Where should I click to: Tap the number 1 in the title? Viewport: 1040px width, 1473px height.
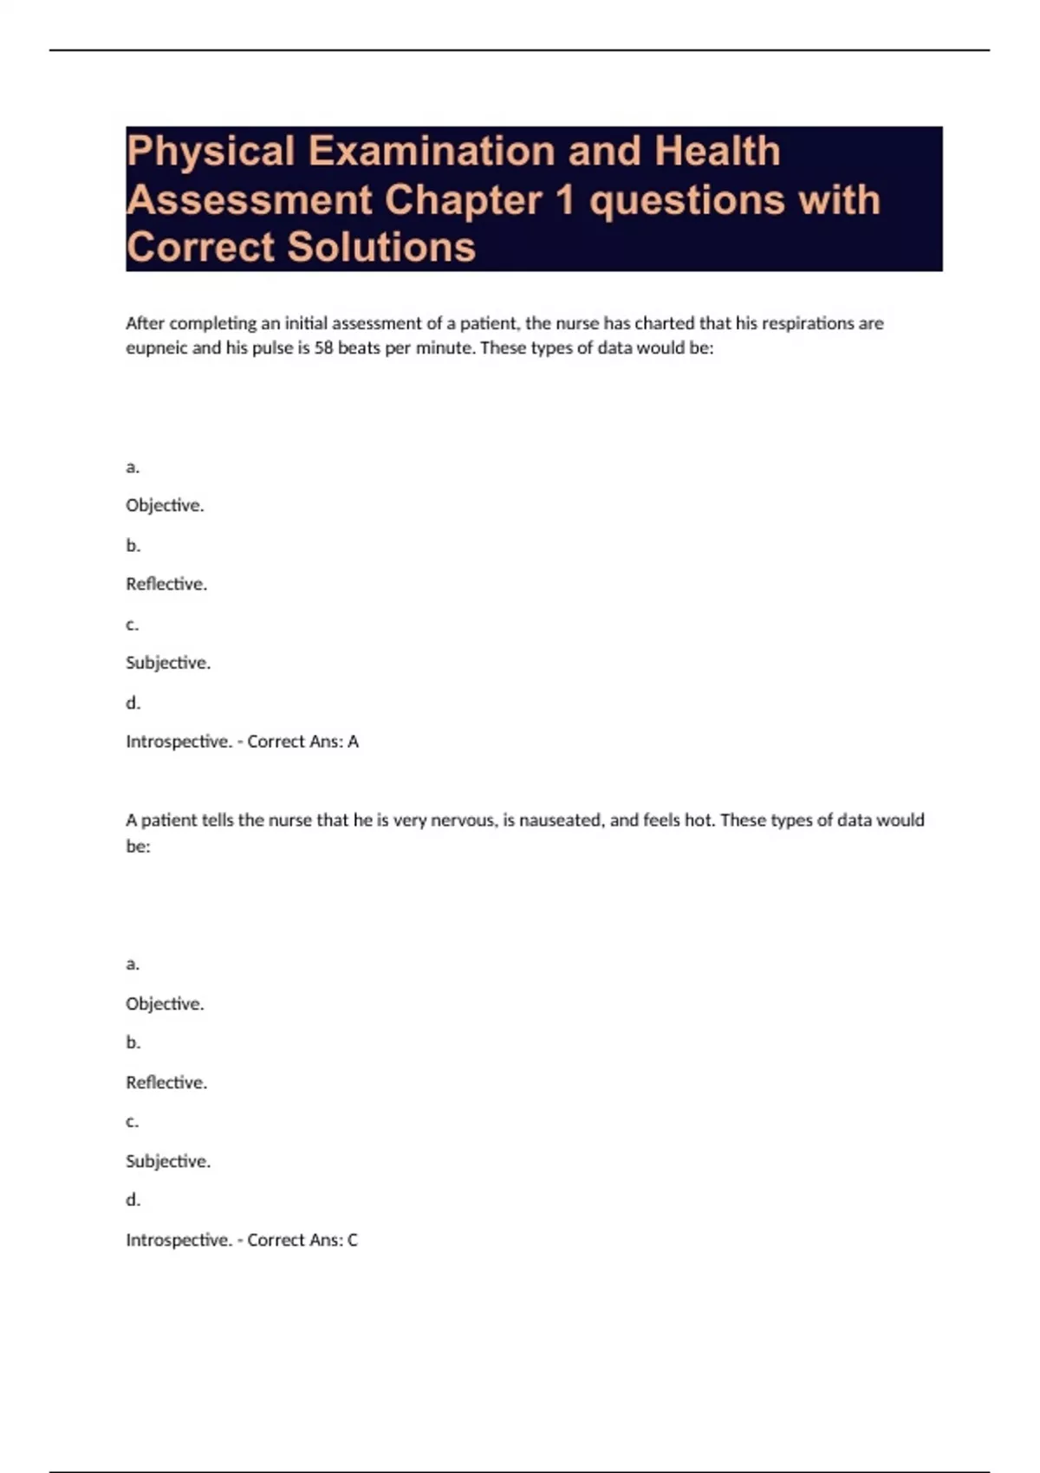[565, 200]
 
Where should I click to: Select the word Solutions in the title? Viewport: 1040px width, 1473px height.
[381, 247]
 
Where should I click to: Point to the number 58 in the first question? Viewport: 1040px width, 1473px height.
[323, 348]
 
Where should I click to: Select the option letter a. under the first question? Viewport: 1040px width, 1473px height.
[133, 467]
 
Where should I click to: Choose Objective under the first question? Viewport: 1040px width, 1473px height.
[165, 505]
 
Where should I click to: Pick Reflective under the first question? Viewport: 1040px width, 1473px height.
[166, 584]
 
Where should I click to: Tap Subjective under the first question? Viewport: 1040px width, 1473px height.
[168, 663]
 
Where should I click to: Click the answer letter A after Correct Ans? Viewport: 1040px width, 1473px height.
[353, 742]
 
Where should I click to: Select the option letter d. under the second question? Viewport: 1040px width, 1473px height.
[133, 1200]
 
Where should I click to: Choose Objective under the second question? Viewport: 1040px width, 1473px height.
[165, 1003]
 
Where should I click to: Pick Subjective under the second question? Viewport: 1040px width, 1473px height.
[168, 1161]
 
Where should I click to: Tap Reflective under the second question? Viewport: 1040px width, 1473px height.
[166, 1082]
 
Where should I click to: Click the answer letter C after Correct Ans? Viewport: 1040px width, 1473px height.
[353, 1240]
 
